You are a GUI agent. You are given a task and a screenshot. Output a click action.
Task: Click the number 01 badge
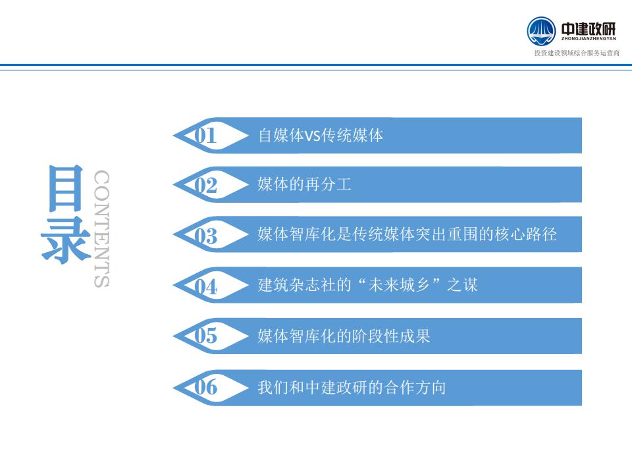click(x=205, y=136)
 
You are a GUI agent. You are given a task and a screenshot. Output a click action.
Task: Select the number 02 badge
click(x=205, y=186)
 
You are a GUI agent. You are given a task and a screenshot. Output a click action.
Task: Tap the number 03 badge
click(x=205, y=236)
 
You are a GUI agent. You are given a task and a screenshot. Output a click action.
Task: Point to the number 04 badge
click(x=205, y=286)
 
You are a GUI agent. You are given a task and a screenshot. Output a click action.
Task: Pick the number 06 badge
click(x=205, y=387)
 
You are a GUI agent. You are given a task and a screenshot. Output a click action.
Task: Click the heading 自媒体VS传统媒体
click(x=321, y=136)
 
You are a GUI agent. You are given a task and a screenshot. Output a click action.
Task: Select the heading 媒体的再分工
click(x=304, y=184)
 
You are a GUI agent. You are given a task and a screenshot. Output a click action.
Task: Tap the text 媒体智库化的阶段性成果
click(x=344, y=336)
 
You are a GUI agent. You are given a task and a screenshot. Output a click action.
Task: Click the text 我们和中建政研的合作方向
click(x=352, y=387)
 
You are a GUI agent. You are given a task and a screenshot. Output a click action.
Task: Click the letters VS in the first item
click(x=313, y=136)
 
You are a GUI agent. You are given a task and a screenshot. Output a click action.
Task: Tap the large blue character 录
click(x=66, y=240)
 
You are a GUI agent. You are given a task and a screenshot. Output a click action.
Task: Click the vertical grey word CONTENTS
click(x=101, y=228)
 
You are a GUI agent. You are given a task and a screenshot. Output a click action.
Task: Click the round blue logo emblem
click(x=541, y=31)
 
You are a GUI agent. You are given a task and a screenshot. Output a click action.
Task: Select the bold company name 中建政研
click(x=589, y=28)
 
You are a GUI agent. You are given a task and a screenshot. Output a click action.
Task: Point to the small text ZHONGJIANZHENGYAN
click(x=589, y=39)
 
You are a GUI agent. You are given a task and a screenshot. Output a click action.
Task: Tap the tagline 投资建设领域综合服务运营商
click(x=577, y=53)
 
